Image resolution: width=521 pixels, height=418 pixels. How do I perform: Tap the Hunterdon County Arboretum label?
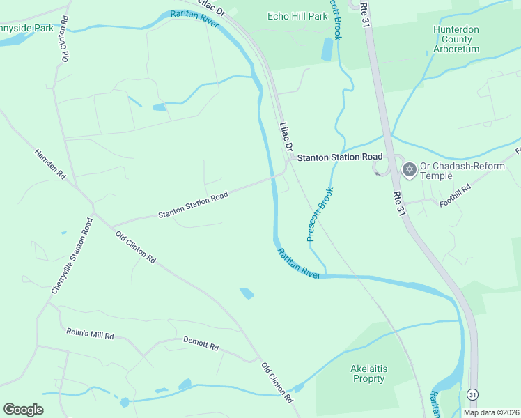coord(456,40)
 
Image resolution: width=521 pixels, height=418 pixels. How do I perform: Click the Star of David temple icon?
coord(410,169)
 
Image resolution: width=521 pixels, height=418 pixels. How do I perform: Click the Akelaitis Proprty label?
coord(367,373)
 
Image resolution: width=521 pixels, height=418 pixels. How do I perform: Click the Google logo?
coord(23,409)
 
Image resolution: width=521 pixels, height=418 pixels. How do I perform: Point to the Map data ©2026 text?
coord(490,412)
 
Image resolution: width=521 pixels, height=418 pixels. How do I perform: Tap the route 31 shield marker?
coord(473,395)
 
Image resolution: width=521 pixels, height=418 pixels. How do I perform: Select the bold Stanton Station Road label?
coord(340,158)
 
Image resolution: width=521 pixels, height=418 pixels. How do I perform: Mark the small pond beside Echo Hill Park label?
coord(327,49)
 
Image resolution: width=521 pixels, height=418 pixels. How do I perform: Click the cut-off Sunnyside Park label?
coord(26,29)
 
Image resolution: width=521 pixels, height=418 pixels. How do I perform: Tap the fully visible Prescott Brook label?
coord(320,214)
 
